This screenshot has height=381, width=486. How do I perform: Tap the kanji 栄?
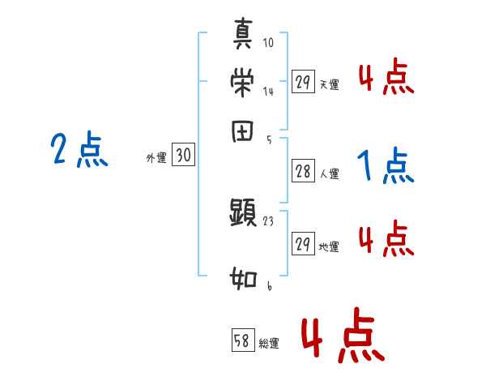[243, 83]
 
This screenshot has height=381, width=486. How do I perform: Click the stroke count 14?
[268, 92]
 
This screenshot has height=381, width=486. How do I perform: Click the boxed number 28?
[304, 172]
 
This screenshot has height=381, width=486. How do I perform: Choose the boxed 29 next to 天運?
[304, 82]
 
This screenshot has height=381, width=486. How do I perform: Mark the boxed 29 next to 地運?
[304, 244]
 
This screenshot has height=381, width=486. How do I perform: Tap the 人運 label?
[329, 174]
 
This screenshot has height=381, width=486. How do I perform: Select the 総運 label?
[269, 344]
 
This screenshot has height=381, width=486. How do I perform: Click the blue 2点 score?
[79, 150]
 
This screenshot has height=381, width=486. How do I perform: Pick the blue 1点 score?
[386, 167]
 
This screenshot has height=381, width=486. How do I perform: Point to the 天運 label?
[329, 84]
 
